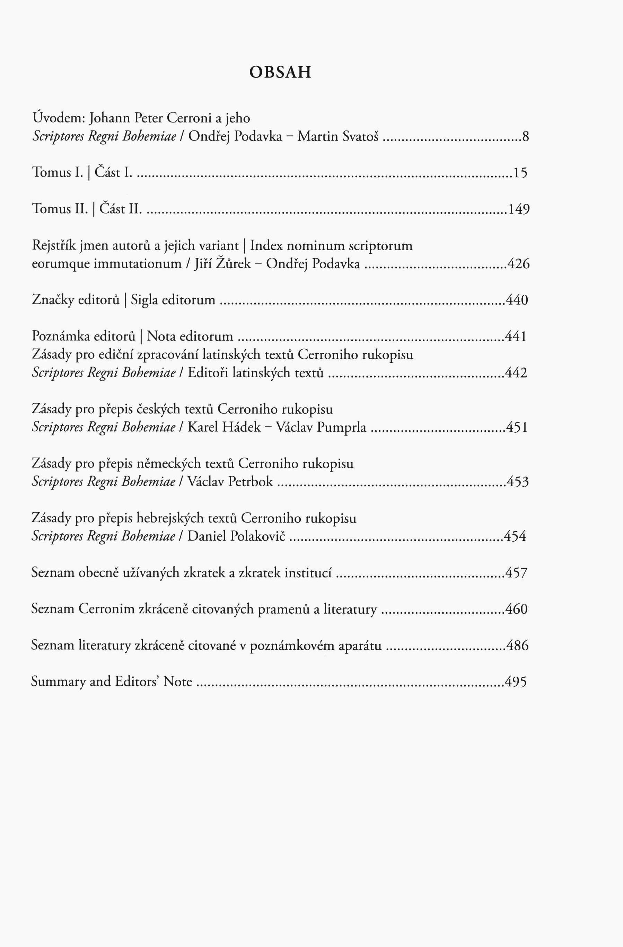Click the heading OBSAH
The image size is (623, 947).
(280, 72)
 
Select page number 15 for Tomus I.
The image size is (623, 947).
(520, 173)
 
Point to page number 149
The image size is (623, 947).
(518, 209)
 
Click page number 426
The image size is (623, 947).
(518, 264)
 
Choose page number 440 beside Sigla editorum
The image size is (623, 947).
(517, 300)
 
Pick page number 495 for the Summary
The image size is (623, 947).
(516, 682)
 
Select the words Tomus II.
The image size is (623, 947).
(59, 209)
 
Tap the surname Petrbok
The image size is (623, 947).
(250, 482)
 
